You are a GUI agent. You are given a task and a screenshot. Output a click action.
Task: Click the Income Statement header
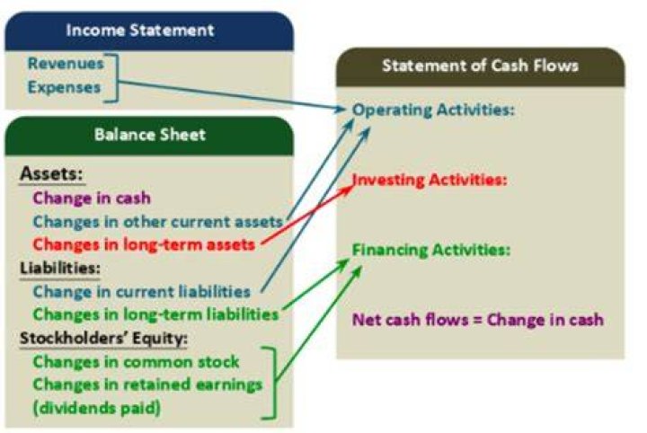click(140, 31)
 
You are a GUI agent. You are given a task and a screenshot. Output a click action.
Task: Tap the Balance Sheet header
click(150, 135)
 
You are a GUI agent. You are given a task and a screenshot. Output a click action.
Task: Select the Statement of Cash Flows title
click(480, 66)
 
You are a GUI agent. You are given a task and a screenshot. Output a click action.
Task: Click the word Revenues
click(66, 64)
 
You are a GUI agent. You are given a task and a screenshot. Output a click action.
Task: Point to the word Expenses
click(64, 87)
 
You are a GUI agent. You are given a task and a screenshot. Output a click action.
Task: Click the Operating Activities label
click(434, 110)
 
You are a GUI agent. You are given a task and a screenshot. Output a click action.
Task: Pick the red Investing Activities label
click(430, 180)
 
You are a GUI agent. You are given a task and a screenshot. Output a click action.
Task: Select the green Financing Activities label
click(431, 250)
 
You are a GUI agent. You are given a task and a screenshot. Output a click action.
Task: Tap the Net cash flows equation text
click(478, 320)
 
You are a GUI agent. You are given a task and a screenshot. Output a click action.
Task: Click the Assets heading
click(51, 173)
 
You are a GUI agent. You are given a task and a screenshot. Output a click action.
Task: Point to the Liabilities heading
click(60, 269)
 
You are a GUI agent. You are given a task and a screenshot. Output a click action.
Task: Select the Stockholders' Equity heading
click(103, 338)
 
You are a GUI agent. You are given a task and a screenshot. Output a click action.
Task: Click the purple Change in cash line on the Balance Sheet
click(92, 198)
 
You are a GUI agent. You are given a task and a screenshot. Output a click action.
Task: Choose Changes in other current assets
click(158, 222)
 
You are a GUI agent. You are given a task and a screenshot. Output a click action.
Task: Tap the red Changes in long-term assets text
click(144, 244)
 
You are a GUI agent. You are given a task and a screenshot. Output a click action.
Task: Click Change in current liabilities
click(142, 292)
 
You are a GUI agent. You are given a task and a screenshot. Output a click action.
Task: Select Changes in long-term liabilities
click(156, 314)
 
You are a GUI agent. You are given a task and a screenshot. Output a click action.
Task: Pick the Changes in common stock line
click(136, 362)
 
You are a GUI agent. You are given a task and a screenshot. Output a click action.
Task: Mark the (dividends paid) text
click(96, 408)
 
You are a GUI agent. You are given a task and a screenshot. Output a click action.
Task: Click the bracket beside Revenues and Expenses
click(117, 77)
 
